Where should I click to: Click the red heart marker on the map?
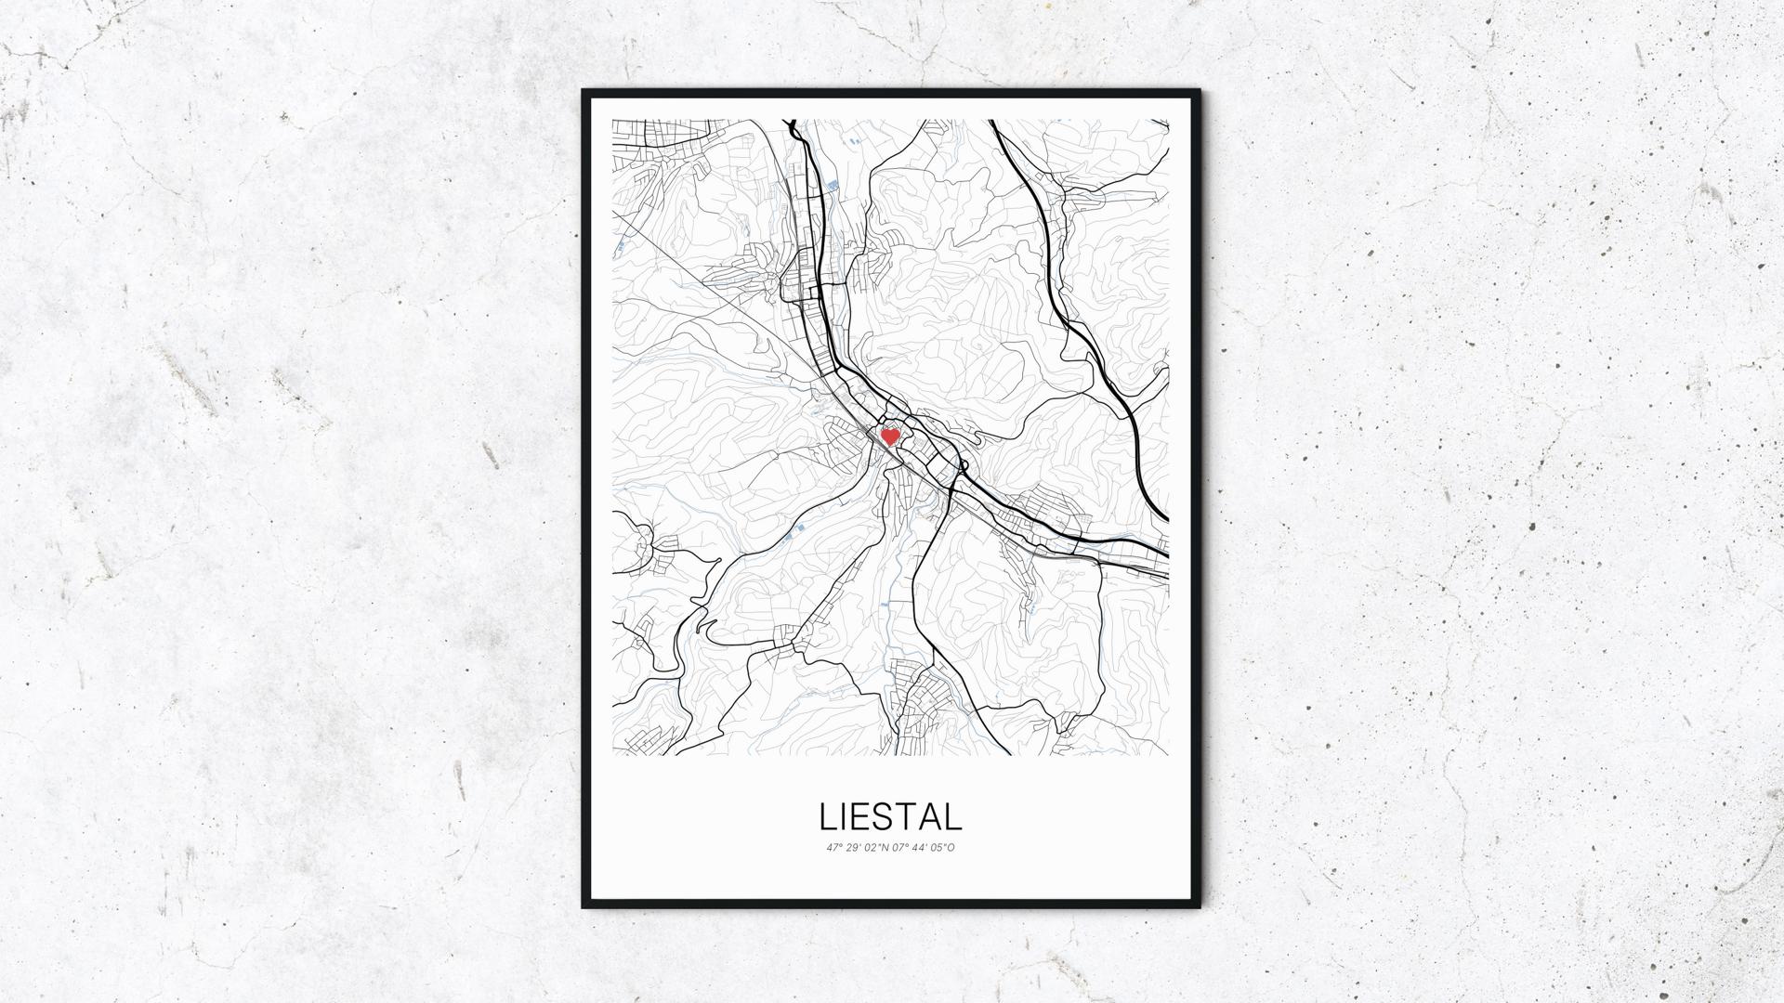tap(890, 436)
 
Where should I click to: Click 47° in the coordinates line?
tap(833, 847)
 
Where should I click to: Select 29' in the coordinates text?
tap(853, 847)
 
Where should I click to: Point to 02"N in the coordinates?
tap(876, 847)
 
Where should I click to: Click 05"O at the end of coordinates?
tap(943, 847)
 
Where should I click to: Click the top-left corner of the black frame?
tap(584, 91)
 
